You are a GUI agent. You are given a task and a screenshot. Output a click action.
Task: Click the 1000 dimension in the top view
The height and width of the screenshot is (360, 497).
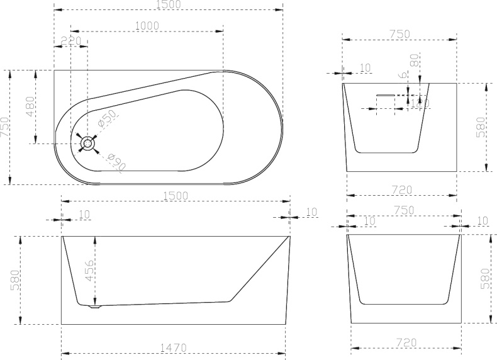click(147, 25)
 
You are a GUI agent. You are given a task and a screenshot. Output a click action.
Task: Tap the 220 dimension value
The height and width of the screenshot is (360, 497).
click(71, 41)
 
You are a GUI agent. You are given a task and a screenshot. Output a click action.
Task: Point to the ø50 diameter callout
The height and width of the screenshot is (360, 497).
click(108, 118)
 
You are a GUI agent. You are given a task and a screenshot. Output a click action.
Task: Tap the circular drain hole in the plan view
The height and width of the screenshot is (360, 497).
click(87, 144)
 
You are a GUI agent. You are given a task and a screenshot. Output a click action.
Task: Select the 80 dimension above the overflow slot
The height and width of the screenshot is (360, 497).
click(414, 61)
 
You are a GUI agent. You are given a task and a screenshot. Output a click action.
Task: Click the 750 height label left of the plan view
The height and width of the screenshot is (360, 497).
click(5, 127)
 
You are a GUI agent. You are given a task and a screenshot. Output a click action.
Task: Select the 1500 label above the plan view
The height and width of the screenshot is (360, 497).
click(167, 4)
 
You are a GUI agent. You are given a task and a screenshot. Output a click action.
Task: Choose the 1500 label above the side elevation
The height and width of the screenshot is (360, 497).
click(175, 196)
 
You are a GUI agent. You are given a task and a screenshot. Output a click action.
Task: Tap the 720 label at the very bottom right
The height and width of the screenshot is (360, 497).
click(407, 343)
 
